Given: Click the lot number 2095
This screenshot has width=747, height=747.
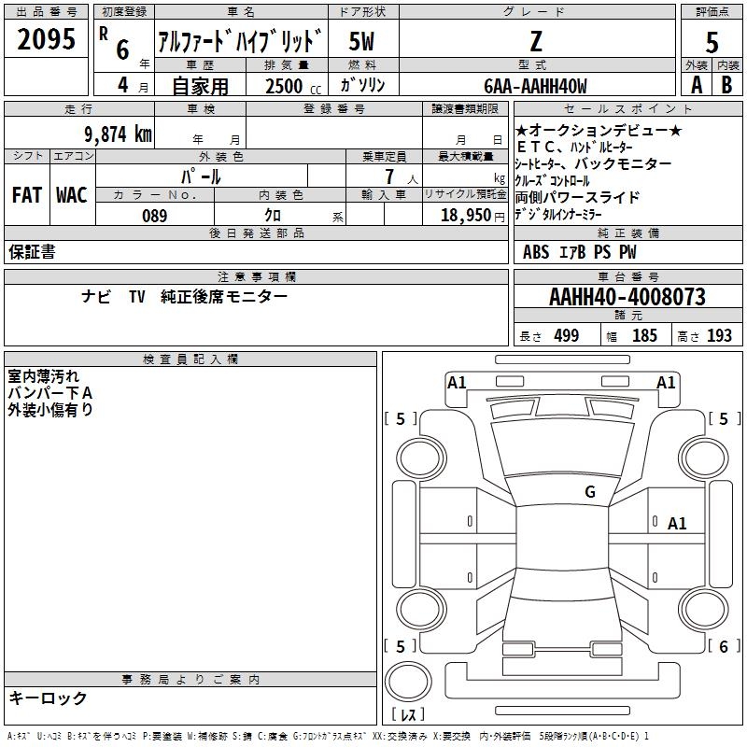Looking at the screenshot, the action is (x=46, y=39).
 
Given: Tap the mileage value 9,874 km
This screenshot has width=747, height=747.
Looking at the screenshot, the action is (x=119, y=134).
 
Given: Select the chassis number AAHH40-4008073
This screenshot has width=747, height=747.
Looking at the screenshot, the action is (x=627, y=297).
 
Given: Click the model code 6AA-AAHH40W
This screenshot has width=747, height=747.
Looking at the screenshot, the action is (x=535, y=86).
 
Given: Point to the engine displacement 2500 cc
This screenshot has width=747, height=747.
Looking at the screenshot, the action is (x=293, y=86).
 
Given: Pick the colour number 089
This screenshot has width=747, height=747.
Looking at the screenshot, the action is (x=155, y=216).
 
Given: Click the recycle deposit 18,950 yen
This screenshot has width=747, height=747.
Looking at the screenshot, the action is (x=472, y=216).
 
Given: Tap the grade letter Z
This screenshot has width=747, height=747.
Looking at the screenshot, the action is (x=536, y=41).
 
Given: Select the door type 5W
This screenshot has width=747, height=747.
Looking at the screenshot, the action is (x=361, y=41).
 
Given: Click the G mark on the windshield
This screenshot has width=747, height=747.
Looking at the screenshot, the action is (x=590, y=491).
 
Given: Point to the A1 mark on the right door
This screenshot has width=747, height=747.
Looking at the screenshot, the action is (x=677, y=524).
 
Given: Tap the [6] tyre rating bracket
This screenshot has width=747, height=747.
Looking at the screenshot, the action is (x=724, y=646).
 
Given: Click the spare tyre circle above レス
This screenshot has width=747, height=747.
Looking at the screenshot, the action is (x=408, y=682).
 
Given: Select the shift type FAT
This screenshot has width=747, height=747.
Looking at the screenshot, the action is (x=27, y=195).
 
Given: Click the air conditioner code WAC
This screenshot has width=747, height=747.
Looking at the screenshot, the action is (x=72, y=195).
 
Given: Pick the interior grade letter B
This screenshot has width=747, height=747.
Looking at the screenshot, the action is (x=726, y=85).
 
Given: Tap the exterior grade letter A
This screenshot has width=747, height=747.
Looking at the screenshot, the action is (x=697, y=85).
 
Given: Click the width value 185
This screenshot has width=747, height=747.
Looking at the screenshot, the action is (x=644, y=335).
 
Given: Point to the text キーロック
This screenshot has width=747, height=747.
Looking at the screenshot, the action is (x=48, y=698).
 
